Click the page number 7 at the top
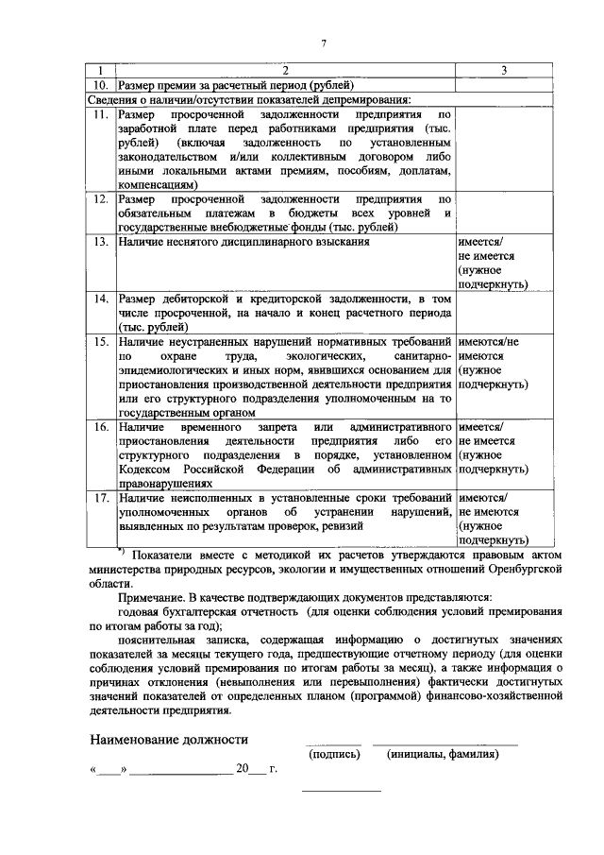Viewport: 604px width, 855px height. click(323, 43)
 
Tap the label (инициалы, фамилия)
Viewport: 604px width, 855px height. click(443, 754)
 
